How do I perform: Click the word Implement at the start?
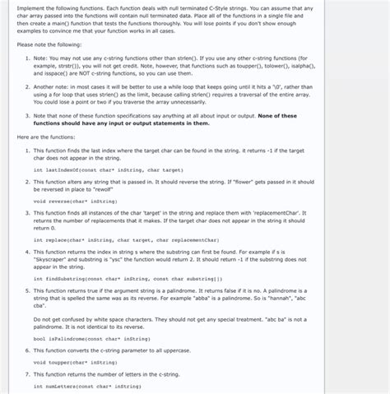tap(27, 8)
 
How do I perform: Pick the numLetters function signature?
tap(87, 386)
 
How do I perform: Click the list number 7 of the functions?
tap(26, 375)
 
